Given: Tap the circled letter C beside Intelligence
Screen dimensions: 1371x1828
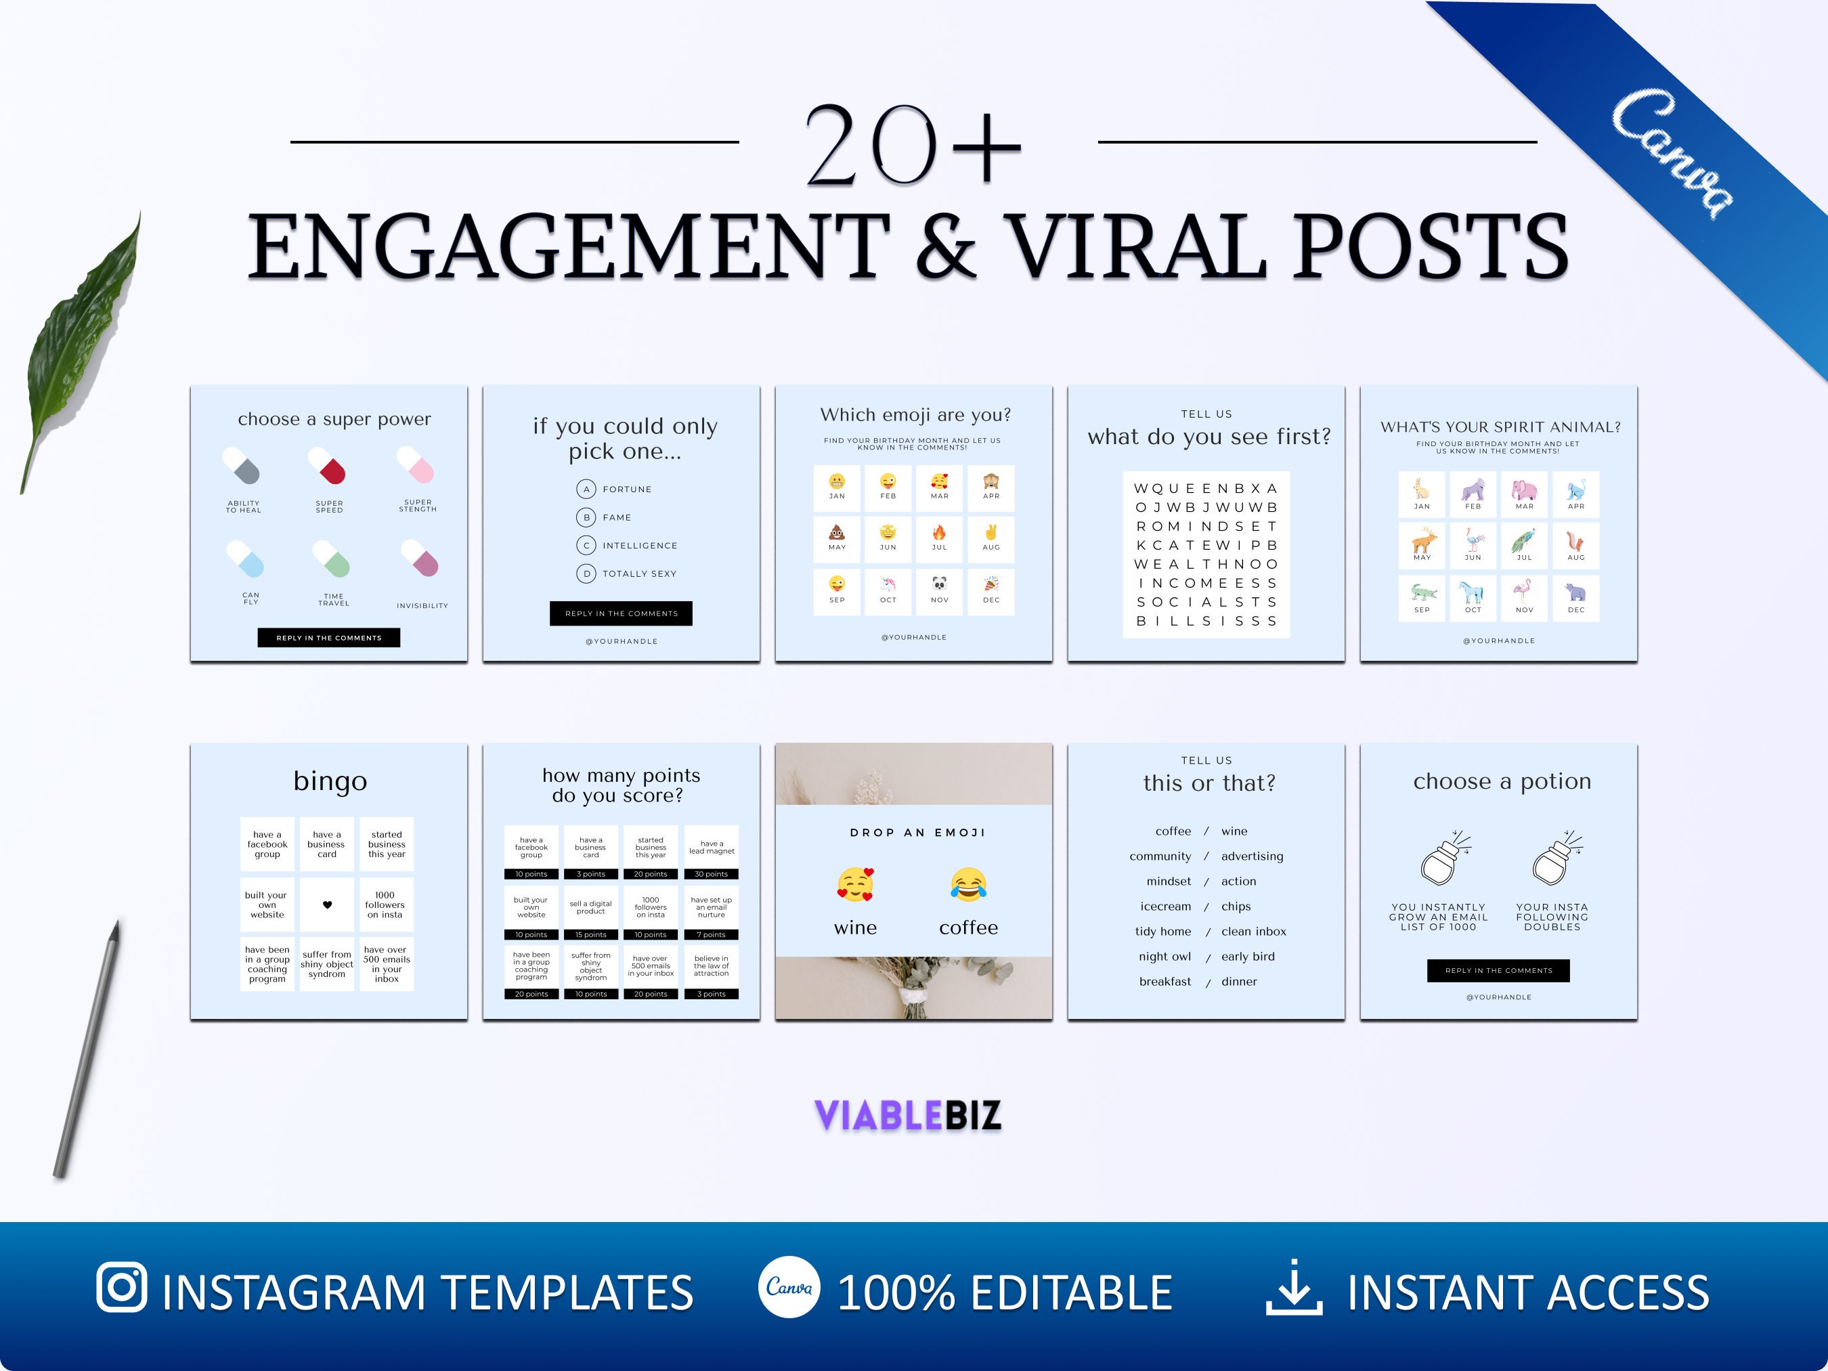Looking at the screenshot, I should [586, 546].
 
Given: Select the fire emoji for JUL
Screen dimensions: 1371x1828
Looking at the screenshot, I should [939, 533].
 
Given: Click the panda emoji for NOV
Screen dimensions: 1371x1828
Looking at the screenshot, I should [939, 584].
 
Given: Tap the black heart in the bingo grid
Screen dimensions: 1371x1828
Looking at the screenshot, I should [327, 905].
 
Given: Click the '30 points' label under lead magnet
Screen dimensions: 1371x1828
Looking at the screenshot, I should [711, 873].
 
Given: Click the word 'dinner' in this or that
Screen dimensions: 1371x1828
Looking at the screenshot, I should [1239, 982].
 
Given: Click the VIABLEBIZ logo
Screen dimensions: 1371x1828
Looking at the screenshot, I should [907, 1115].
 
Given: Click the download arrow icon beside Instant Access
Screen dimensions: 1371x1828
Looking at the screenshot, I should [1293, 1288].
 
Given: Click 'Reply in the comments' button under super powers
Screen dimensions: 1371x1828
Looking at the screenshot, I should [329, 638].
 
